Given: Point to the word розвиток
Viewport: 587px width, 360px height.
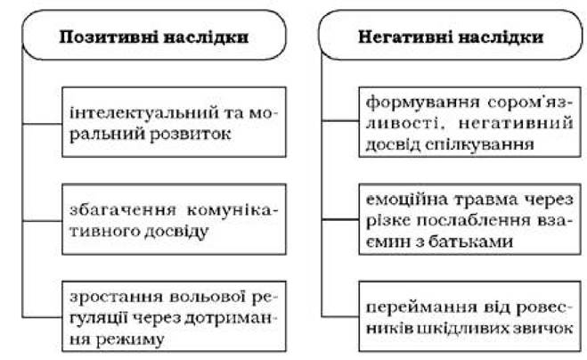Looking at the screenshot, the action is (191, 135).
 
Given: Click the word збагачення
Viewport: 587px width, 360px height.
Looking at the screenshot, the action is (123, 210).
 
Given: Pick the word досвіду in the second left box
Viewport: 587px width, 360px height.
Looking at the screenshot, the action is (176, 232).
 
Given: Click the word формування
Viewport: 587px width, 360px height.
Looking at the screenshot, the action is (423, 102).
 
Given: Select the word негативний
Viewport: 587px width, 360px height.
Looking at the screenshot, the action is (516, 123).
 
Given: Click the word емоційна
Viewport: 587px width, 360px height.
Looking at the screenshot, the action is (406, 200).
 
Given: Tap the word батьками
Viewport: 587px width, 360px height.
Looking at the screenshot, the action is (470, 241).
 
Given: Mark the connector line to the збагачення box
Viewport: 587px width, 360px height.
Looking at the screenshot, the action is (42, 221).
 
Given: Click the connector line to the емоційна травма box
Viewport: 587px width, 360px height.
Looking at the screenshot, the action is (340, 219).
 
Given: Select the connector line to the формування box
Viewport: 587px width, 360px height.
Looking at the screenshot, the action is (340, 120).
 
